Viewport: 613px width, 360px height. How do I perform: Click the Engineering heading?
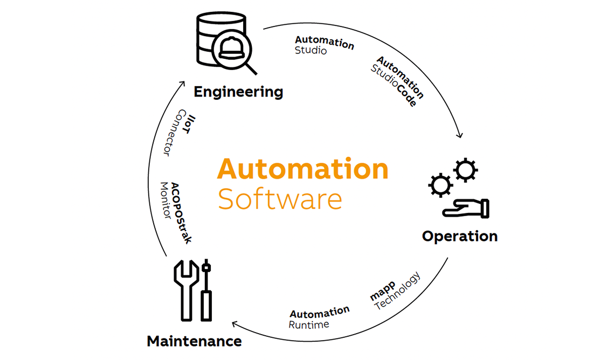(238, 92)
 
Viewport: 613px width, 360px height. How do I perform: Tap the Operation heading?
(459, 236)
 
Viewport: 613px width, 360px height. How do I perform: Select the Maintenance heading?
(194, 341)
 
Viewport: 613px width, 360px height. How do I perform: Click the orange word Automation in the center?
(302, 169)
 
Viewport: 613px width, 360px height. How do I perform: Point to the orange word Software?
(280, 199)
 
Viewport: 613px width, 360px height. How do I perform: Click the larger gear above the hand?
(465, 170)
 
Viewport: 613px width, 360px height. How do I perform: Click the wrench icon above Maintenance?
(185, 288)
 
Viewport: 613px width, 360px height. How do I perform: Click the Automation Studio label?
(323, 46)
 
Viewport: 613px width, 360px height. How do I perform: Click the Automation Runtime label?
(319, 317)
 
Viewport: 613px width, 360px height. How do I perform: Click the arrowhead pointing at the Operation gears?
(460, 134)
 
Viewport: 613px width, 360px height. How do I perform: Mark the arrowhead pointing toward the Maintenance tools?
(234, 323)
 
